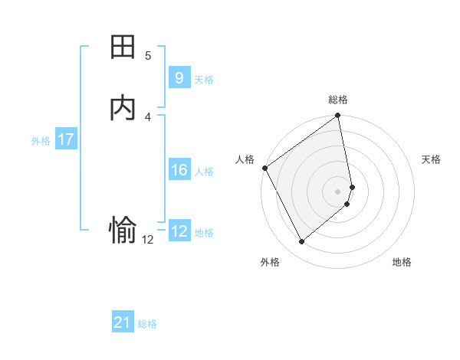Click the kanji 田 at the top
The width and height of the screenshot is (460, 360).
[x=123, y=48]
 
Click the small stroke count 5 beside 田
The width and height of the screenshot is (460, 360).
[x=148, y=56]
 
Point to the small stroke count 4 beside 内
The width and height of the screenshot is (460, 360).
[x=148, y=116]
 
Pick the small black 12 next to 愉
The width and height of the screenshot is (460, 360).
[x=148, y=240]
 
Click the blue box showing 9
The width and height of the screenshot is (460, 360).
[x=179, y=78]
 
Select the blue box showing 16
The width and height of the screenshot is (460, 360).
[x=179, y=170]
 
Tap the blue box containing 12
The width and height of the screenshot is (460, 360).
[x=179, y=231]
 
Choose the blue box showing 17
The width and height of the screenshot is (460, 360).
[x=65, y=139]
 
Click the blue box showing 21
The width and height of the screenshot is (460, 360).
[x=123, y=323]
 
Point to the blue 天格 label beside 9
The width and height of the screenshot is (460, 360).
[x=204, y=80]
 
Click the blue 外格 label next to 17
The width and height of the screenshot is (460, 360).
[x=41, y=141]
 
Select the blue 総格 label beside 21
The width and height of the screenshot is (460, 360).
[x=147, y=325]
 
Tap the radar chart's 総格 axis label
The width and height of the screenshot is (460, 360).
[x=338, y=100]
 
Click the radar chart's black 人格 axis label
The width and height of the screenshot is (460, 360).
[x=245, y=159]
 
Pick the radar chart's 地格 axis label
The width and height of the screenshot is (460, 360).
[x=402, y=263]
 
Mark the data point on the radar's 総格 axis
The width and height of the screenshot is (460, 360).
[x=338, y=116]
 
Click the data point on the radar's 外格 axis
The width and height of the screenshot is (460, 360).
[x=301, y=241]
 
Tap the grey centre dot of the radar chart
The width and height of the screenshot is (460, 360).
[x=338, y=191]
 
